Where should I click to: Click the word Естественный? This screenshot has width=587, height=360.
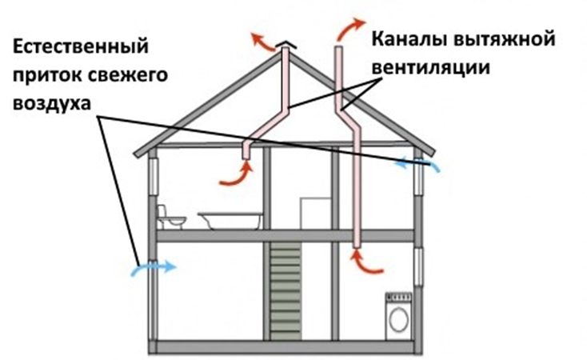coord(81,47)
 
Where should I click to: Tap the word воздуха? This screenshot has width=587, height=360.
coord(52,103)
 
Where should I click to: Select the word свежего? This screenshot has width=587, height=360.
coord(129,75)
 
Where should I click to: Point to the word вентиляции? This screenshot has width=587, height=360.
coord(430,67)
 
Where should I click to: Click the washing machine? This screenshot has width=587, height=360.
coord(398,317)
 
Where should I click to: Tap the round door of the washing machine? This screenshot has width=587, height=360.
coord(398,320)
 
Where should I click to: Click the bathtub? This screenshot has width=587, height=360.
coord(230,220)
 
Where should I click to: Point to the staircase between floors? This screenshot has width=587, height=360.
coord(286,291)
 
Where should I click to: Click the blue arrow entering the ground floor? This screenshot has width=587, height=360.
coord(153,267)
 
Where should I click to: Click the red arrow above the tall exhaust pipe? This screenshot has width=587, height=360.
coord(350,29)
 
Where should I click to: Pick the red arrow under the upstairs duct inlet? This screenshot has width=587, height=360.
coord(237,174)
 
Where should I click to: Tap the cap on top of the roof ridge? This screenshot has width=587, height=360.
coord(286,46)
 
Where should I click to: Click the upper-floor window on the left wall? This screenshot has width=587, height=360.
coord(154,177)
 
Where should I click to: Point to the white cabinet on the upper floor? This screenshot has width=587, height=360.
coord(315,214)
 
